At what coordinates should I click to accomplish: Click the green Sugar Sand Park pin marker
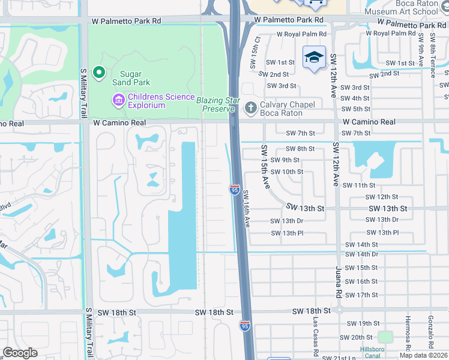98,74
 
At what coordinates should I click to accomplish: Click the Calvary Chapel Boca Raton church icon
250,108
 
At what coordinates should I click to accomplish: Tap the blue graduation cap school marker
314,58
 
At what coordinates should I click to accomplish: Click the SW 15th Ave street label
265,166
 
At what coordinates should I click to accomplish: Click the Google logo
20,352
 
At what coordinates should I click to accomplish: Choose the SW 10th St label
286,172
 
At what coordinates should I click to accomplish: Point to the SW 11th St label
358,185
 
